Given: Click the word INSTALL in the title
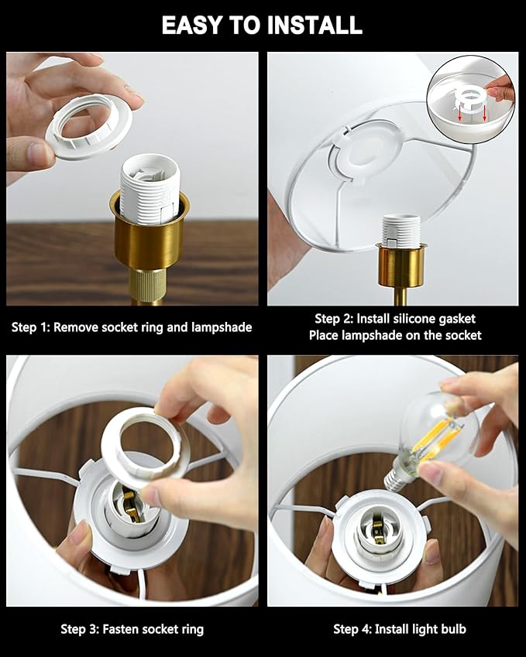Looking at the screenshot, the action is pos(315,25).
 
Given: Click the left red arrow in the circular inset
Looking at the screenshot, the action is pos(460,113).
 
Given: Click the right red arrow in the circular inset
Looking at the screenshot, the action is pos(485,113).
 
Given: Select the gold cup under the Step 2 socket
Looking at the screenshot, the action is pos(401,266).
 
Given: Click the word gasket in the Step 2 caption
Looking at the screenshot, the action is pos(456,320).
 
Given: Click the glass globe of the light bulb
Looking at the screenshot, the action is pos(441,427).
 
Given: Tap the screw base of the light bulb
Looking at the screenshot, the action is pos(396,478).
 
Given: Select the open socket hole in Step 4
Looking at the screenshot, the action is pos(376,530).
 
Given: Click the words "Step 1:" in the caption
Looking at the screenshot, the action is pos(30,327).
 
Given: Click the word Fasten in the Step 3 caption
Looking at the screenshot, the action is pos(119,629).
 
